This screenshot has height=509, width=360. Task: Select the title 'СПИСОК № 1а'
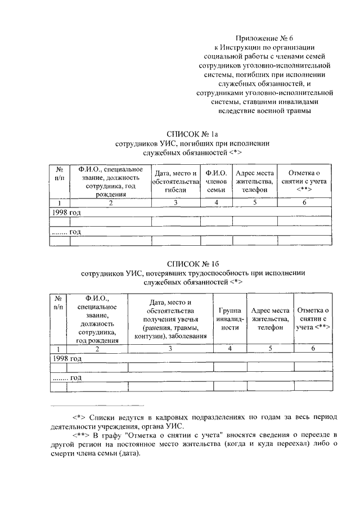point(192,134)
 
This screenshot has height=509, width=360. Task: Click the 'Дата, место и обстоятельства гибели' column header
point(175,181)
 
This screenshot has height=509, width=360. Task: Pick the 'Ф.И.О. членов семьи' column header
point(216,181)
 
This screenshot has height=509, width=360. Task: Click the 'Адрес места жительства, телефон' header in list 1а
point(255,181)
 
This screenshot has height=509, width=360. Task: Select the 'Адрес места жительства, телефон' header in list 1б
point(270,318)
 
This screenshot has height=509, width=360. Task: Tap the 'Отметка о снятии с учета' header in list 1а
point(304,181)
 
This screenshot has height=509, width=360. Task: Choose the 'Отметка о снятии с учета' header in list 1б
point(313,318)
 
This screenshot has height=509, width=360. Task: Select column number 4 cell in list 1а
point(216,202)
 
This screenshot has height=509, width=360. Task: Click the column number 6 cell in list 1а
point(304,202)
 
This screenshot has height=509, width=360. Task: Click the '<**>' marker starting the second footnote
point(82,435)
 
